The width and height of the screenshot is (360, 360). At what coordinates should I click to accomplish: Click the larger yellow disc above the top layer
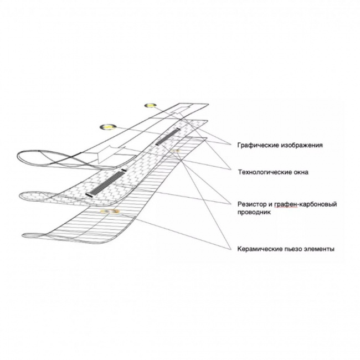click(106, 126)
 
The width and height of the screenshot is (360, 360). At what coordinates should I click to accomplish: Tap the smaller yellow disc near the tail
click(151, 105)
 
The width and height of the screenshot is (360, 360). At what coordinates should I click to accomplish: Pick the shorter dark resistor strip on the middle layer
click(169, 135)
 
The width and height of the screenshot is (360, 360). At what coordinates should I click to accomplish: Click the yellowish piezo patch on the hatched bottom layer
click(107, 212)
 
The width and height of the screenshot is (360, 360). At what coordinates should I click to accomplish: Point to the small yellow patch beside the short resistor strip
click(176, 151)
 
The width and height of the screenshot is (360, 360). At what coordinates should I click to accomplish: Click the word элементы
click(322, 249)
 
